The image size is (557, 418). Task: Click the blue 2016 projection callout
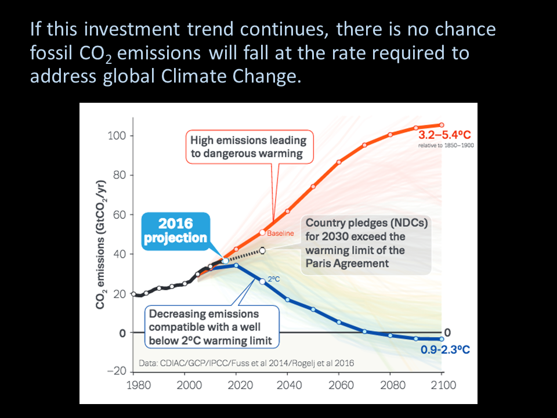176,231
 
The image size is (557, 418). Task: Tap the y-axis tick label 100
117,136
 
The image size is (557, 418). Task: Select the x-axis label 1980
139,385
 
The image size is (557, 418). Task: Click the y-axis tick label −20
117,371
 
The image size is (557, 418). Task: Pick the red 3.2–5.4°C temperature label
444,135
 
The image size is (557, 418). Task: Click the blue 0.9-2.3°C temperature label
445,349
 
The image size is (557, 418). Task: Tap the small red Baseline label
280,233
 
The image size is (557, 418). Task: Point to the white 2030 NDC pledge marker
262,251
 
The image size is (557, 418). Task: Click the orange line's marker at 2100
442,125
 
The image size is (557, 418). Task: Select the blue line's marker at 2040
287,300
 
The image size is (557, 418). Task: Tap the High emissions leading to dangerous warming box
249,147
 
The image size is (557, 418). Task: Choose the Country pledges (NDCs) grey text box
366,245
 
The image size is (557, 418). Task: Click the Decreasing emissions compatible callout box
212,327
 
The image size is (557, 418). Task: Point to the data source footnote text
246,363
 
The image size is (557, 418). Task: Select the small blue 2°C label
274,279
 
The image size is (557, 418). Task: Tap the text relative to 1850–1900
446,145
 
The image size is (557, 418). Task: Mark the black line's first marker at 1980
133,294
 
